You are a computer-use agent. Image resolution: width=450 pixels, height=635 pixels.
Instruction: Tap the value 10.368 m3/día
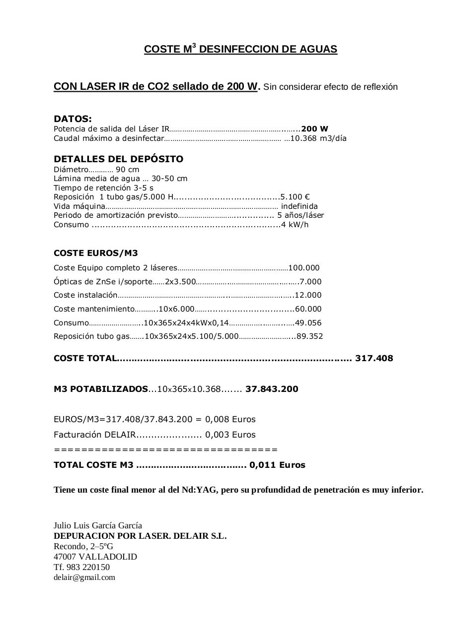(318, 138)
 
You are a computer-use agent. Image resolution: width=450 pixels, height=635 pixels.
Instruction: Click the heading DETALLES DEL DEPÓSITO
(118, 159)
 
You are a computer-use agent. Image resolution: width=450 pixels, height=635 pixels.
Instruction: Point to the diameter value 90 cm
(128, 170)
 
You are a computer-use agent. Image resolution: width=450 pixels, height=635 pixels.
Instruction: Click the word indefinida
(300, 206)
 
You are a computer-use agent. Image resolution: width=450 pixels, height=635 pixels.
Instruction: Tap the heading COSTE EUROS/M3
(96, 253)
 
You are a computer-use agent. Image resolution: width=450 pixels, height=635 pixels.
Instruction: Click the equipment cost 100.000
(304, 268)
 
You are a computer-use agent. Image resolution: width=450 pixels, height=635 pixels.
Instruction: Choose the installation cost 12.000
(308, 295)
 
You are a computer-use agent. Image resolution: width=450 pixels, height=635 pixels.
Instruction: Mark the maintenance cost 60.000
(308, 309)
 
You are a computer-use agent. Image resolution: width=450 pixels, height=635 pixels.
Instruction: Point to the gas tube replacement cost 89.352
(309, 336)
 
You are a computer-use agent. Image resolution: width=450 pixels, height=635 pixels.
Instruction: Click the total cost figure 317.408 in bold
(374, 358)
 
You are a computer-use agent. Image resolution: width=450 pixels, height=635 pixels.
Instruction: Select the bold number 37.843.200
(272, 389)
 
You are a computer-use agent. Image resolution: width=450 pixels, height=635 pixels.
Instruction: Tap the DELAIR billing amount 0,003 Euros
(230, 435)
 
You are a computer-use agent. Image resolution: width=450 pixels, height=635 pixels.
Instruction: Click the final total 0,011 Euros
(277, 465)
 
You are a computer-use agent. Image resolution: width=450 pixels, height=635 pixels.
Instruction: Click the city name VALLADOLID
(108, 557)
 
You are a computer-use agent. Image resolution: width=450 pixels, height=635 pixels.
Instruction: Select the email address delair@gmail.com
(84, 577)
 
